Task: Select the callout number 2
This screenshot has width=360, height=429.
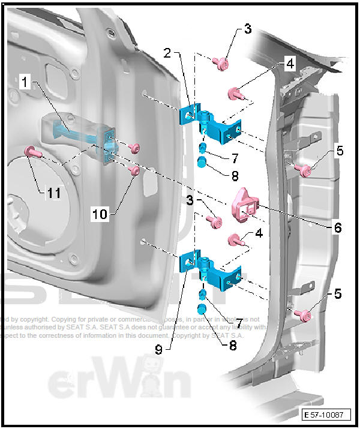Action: pyautogui.click(x=169, y=52)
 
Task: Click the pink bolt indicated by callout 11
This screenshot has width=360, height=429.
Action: pyautogui.click(x=31, y=152)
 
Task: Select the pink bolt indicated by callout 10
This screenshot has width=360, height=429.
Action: pyautogui.click(x=136, y=172)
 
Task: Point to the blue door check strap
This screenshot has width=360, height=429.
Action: pyautogui.click(x=78, y=135)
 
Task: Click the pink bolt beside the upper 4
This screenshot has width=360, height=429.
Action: pyautogui.click(x=235, y=93)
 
